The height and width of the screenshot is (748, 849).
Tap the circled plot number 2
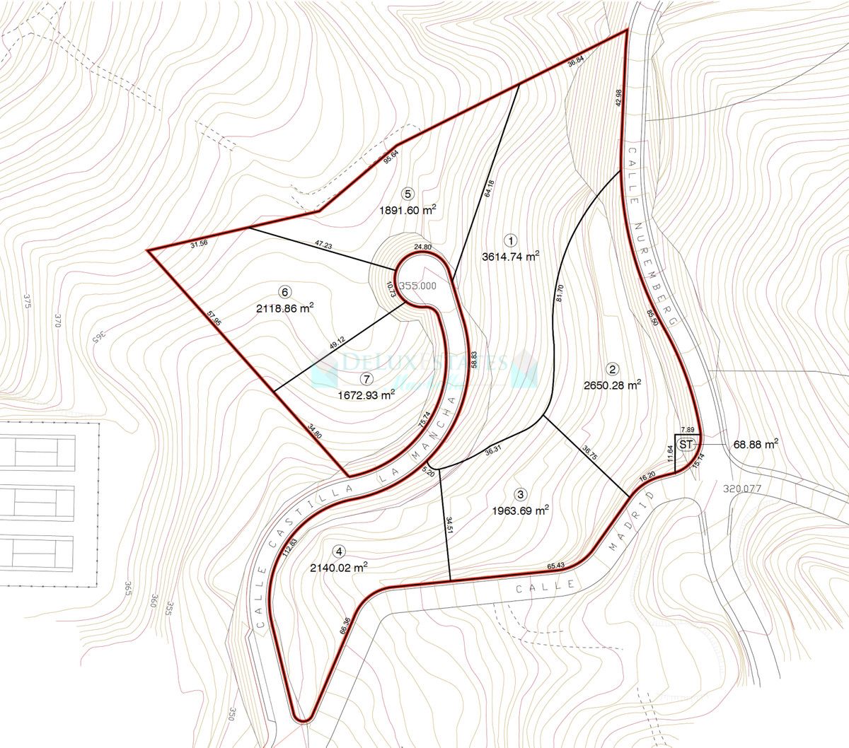613,368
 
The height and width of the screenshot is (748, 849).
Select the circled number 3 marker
521,494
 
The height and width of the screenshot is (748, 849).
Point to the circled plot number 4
340,551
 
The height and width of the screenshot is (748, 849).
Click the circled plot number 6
285,291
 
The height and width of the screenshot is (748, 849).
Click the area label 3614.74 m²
510,257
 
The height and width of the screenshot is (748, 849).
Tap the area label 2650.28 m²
613,385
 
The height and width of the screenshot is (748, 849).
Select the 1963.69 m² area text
521,510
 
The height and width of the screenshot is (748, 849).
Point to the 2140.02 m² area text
339,567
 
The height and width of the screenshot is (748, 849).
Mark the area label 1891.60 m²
407,210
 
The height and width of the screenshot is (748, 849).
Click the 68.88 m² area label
756,443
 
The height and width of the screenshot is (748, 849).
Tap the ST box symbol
685,444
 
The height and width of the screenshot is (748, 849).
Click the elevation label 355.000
417,286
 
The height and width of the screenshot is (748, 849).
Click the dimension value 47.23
323,245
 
